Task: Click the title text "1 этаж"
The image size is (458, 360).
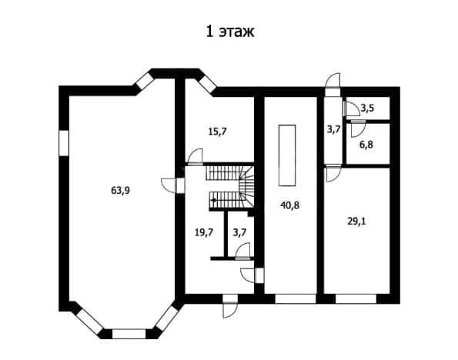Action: (230, 32)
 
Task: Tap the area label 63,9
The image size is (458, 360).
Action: (120, 190)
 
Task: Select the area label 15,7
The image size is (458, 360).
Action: (217, 132)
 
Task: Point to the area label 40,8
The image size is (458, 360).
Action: (289, 205)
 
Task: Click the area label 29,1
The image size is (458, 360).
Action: (356, 222)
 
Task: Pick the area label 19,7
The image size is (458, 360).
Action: (204, 232)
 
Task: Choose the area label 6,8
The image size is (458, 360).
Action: (366, 145)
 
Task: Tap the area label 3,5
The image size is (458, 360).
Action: (367, 108)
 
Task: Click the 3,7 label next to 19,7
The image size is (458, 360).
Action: (239, 232)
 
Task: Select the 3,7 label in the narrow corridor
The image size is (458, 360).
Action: (333, 128)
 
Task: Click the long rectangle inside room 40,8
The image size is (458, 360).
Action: (287, 155)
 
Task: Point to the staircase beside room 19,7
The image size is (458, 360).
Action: (230, 187)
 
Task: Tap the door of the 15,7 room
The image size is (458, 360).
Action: (195, 157)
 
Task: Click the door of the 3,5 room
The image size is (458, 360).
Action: (351, 108)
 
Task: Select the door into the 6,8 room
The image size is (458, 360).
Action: (358, 128)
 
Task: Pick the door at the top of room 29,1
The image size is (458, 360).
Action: (333, 173)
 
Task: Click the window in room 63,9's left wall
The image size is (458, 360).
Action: (64, 143)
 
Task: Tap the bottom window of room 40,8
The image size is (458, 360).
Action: (296, 298)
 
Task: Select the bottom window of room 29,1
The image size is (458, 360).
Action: (356, 298)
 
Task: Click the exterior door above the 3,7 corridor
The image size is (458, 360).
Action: (333, 84)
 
